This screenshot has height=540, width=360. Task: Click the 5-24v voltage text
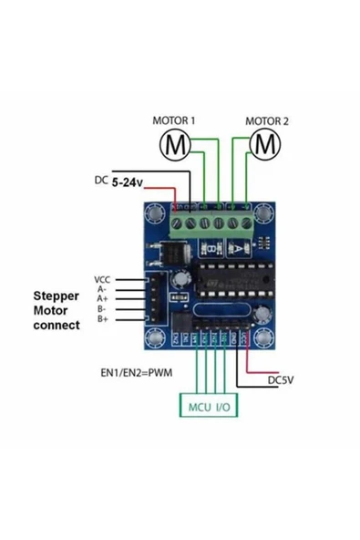(128, 182)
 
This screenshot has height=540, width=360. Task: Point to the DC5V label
(281, 379)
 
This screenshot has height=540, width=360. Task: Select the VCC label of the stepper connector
(101, 279)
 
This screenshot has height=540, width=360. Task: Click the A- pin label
(103, 289)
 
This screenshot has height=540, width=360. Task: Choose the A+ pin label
(103, 299)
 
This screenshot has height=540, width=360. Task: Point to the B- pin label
(103, 309)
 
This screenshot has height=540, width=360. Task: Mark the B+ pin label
(103, 319)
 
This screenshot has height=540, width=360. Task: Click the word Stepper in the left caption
(56, 296)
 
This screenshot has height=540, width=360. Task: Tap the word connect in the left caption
(56, 324)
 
